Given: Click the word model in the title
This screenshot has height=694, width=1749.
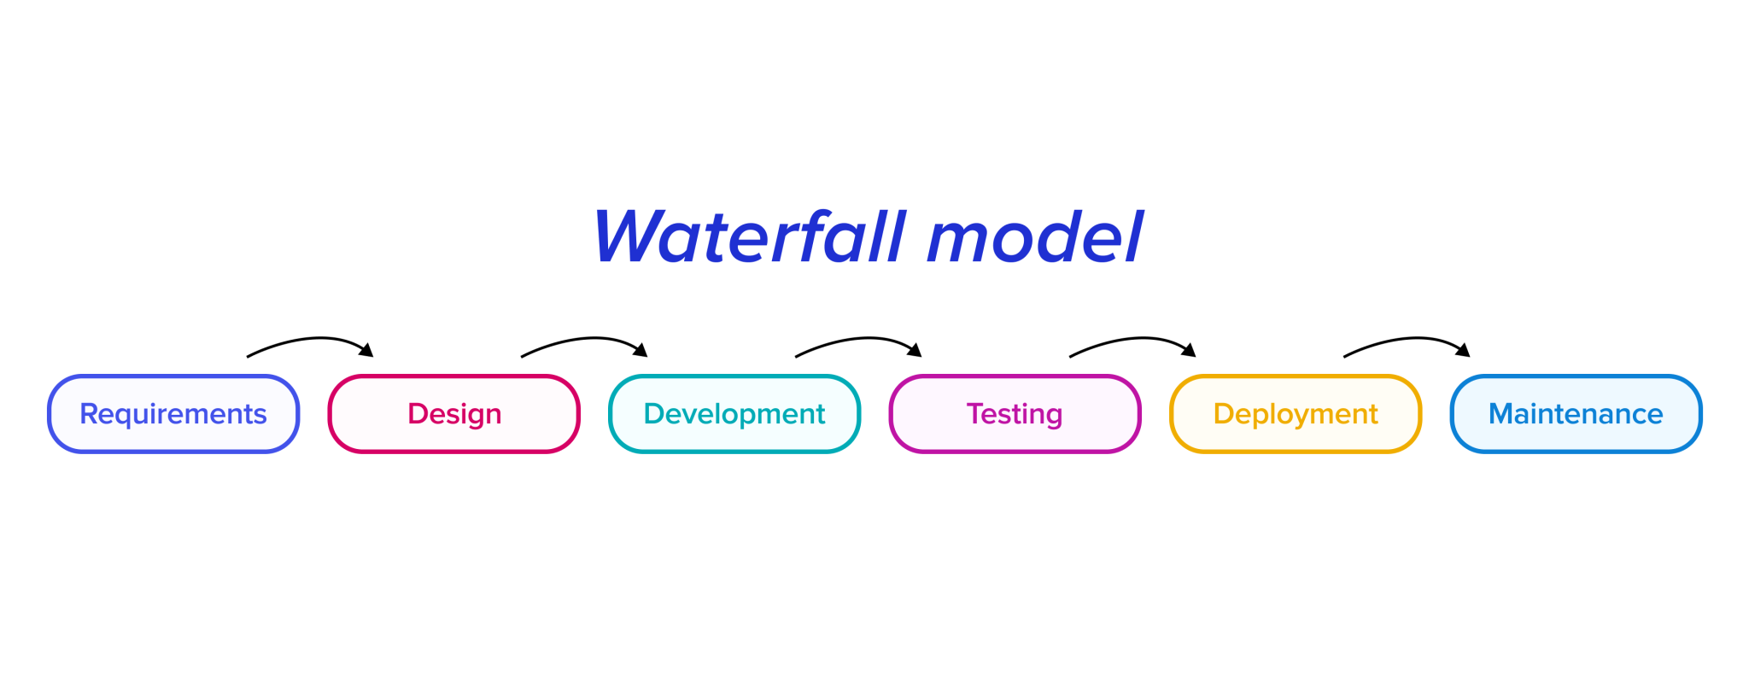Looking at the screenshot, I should point(1034,237).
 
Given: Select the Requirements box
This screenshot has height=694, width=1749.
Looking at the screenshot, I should point(173,414).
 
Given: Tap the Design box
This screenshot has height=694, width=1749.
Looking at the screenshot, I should point(454,414).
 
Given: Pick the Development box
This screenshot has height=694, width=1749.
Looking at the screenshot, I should point(734,414).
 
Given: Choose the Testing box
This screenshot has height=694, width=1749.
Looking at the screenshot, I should point(1015,414).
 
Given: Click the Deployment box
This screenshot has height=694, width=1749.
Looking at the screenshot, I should point(1296,414).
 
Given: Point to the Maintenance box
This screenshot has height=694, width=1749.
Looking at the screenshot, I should point(1576,414).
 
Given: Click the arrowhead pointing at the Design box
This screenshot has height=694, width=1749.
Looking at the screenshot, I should point(367,350).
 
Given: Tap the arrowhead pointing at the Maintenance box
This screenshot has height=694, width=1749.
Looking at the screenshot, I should point(1464,350).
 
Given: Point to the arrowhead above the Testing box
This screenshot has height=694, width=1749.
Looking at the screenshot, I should point(915,350).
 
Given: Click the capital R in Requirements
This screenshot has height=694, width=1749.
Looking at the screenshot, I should point(88,414).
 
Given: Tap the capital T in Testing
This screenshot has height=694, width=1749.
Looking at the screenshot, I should point(974,414).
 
